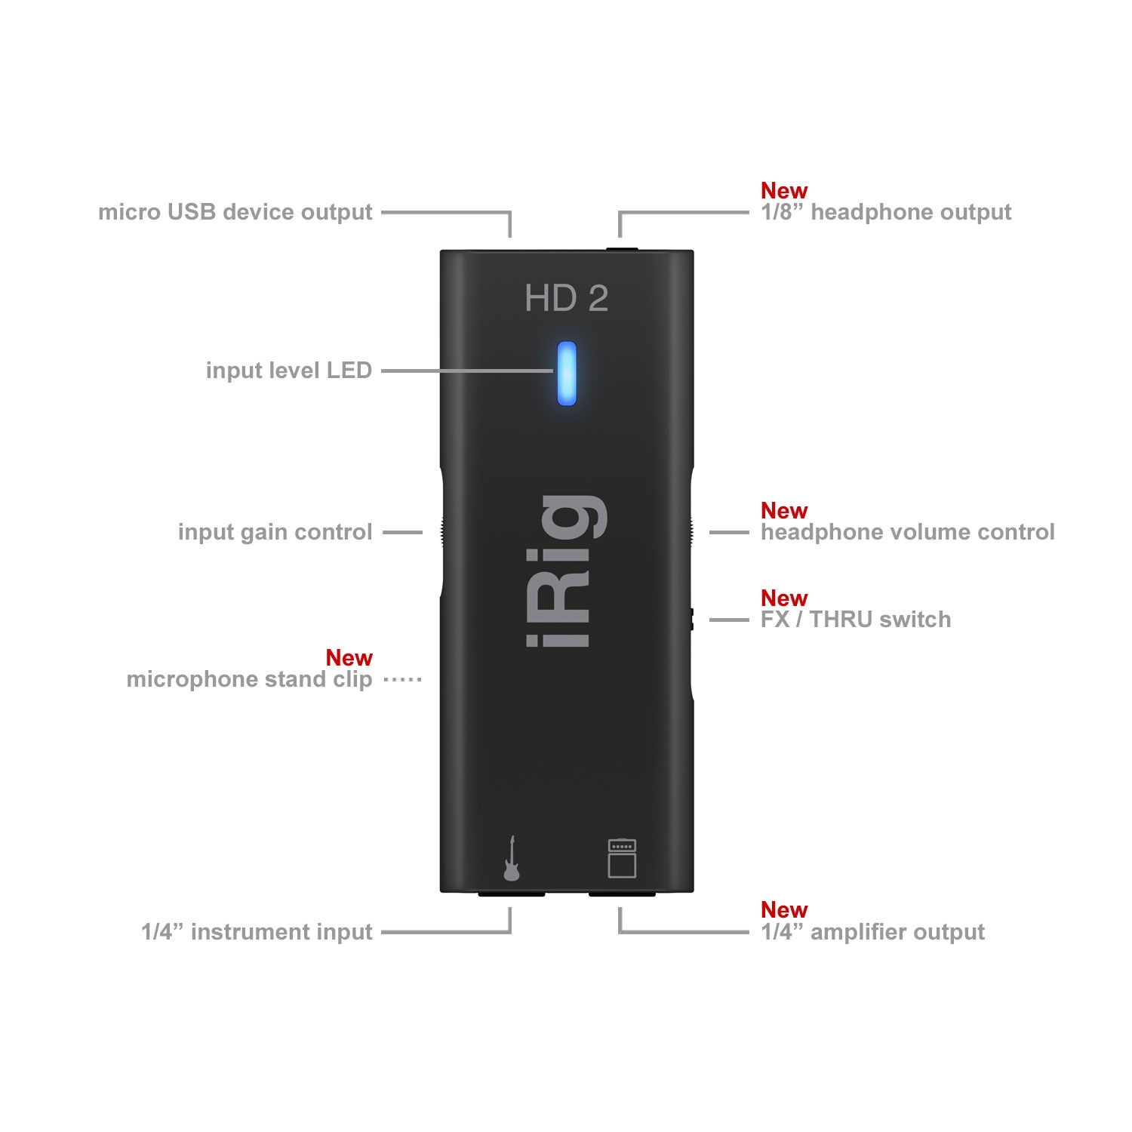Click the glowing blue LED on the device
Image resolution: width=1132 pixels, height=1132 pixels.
click(x=566, y=373)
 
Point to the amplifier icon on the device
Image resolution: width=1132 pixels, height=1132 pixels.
click(x=622, y=858)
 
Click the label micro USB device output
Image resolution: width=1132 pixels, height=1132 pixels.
click(x=235, y=212)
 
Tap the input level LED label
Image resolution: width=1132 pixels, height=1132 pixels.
click(x=289, y=371)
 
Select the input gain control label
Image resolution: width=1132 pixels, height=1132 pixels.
click(x=275, y=532)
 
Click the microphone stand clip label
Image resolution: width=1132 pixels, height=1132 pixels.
click(x=250, y=679)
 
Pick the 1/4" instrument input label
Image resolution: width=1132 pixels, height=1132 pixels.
click(x=257, y=932)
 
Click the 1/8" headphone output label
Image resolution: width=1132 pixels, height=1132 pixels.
click(x=886, y=212)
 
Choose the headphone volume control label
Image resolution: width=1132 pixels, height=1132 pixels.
click(x=908, y=532)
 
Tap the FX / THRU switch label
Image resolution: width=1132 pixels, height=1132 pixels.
click(x=856, y=620)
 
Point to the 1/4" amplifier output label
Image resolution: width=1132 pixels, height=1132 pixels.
click(x=873, y=932)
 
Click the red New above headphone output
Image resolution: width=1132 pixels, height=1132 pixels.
click(x=784, y=190)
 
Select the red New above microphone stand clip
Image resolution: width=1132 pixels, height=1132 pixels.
click(x=349, y=658)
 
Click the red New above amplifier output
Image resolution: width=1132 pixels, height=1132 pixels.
click(x=784, y=909)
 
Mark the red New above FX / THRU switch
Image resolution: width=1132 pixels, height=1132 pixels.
click(x=784, y=598)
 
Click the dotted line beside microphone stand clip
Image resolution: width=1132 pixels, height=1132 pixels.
click(x=402, y=679)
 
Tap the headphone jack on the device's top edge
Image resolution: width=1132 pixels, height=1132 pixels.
click(x=620, y=248)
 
